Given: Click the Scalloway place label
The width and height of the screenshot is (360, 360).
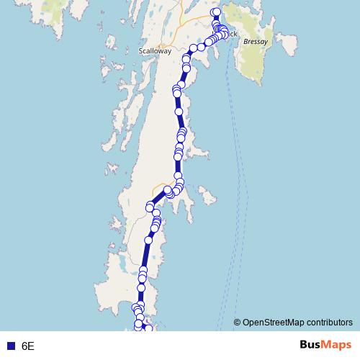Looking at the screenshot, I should click(x=155, y=52).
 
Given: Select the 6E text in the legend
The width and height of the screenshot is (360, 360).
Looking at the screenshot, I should click(x=28, y=346).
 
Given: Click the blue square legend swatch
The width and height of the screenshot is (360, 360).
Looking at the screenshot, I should click(x=11, y=346).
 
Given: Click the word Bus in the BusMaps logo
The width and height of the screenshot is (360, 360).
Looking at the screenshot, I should click(x=312, y=345).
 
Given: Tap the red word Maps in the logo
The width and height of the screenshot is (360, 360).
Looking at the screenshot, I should click(x=338, y=345).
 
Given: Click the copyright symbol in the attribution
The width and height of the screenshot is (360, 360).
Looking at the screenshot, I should click(x=238, y=323).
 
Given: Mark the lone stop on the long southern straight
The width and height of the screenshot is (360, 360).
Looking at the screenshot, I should click(x=149, y=239).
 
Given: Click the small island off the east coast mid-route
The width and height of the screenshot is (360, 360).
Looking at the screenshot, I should click(x=207, y=194).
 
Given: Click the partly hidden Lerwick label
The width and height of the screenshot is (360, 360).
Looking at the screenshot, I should click(x=232, y=34).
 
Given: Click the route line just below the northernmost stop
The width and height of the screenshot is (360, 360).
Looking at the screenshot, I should click(x=215, y=19).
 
